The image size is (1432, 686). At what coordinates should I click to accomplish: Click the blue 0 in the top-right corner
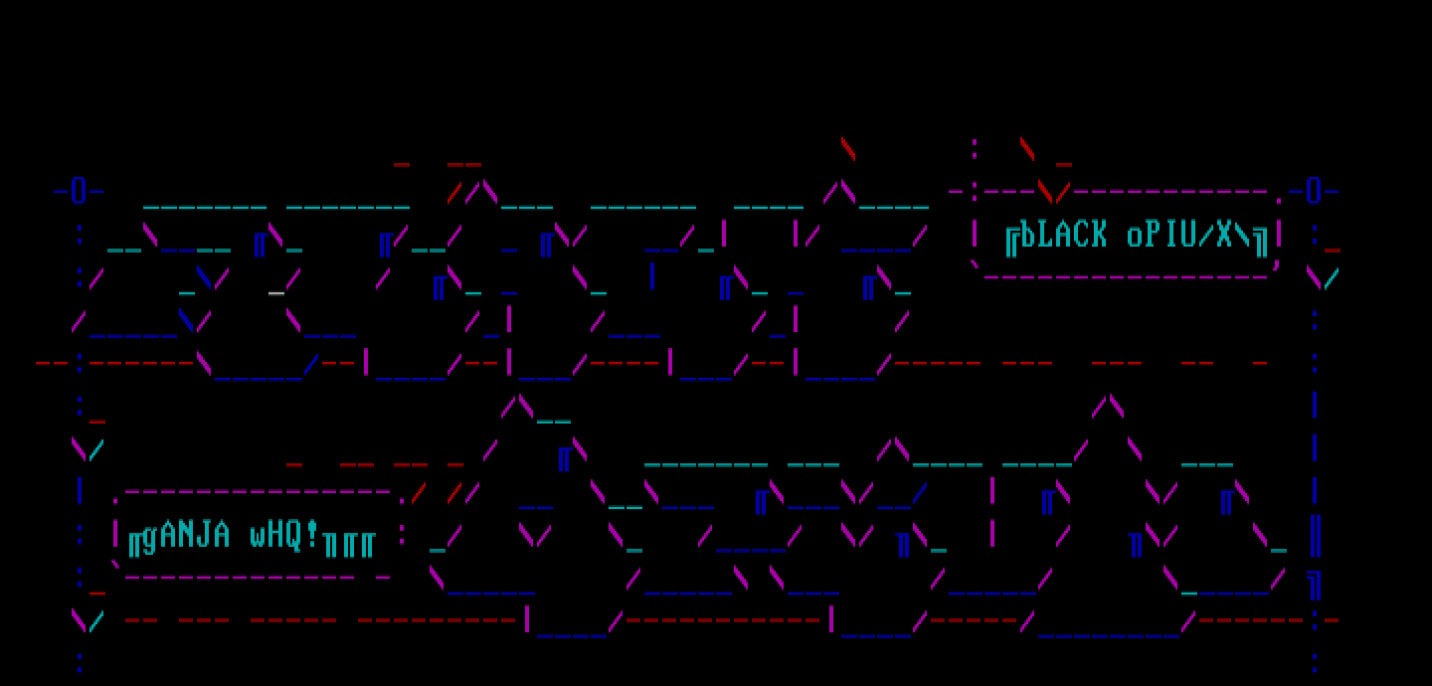click(1314, 191)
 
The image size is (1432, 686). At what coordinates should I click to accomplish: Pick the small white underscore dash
click(276, 292)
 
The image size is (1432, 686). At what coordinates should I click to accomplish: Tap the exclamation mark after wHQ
click(312, 536)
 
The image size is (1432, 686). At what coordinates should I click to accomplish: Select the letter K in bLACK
click(1099, 236)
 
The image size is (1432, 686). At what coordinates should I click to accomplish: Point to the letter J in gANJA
click(205, 536)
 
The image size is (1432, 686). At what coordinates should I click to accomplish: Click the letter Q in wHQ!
click(294, 536)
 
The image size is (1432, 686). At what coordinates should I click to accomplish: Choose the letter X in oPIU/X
click(1224, 236)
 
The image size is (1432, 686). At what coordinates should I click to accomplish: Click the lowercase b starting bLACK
click(1028, 236)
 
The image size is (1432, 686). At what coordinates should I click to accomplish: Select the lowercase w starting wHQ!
click(259, 537)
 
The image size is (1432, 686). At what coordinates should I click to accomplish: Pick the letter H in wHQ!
click(276, 536)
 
